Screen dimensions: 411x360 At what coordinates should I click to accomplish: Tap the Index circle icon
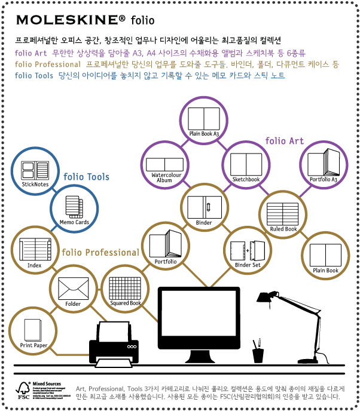(34, 250)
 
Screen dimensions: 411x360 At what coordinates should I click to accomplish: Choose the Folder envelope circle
(73, 289)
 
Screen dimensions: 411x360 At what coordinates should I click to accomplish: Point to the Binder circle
(204, 208)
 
